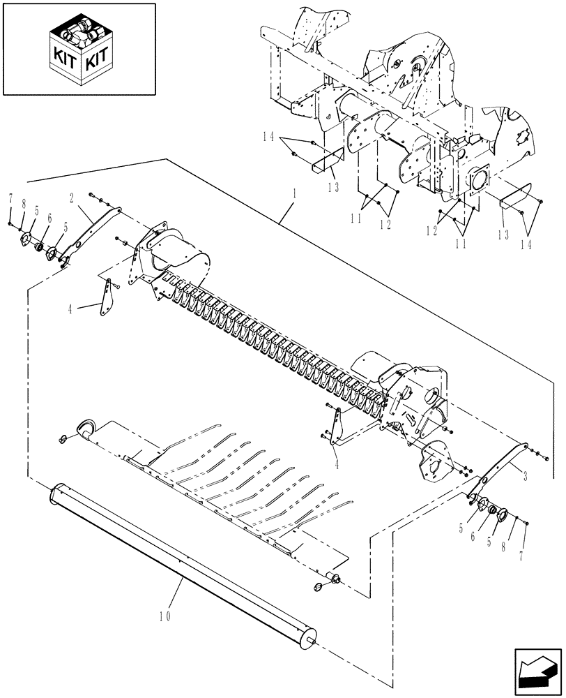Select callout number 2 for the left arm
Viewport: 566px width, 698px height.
coord(72,198)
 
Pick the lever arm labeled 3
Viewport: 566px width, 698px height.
coord(500,468)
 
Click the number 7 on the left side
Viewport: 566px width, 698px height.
coord(10,200)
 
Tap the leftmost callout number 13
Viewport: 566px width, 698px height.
coord(333,186)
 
